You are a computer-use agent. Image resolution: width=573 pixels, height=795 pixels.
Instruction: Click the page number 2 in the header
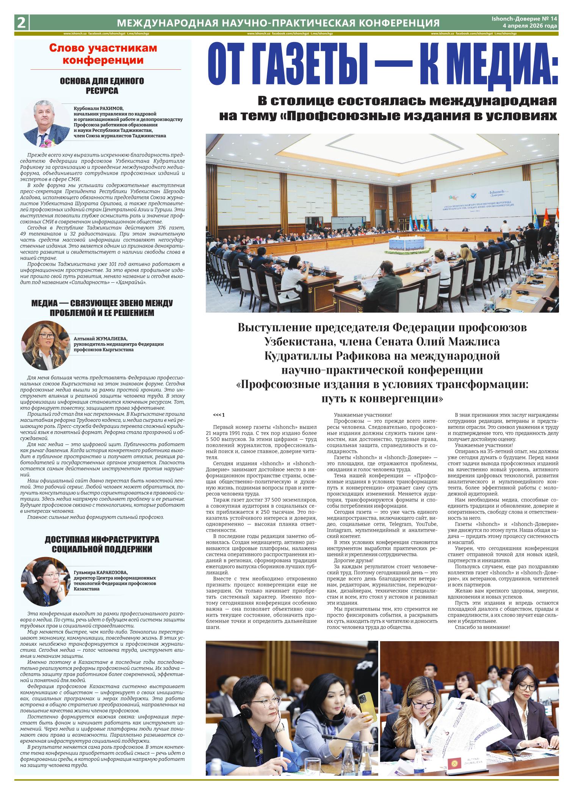tap(21, 23)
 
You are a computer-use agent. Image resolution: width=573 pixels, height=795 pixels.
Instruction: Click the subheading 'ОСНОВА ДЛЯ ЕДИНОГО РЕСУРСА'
tap(102, 86)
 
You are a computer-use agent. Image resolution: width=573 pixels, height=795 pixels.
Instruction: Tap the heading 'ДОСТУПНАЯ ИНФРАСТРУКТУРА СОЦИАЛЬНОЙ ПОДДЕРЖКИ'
tap(102, 544)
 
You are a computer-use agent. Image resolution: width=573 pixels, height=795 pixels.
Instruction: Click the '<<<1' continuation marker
tap(219, 415)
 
